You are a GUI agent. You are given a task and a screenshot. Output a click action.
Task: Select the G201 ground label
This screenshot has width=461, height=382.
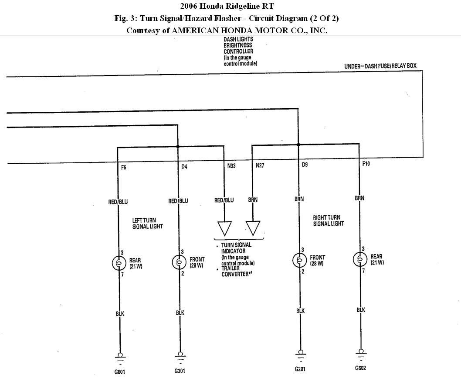(x=300, y=368)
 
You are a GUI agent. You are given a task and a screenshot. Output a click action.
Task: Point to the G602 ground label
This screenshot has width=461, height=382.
(x=360, y=368)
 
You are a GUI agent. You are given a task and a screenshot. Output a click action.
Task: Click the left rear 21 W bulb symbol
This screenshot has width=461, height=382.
(x=118, y=262)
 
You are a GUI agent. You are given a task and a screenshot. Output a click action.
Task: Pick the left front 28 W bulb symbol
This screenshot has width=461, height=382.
(x=179, y=262)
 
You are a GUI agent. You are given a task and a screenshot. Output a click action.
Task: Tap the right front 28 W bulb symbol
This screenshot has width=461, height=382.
(x=299, y=260)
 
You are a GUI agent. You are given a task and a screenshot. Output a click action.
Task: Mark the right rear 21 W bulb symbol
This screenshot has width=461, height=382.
(x=360, y=259)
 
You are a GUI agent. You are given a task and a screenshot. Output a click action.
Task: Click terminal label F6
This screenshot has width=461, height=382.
(x=124, y=168)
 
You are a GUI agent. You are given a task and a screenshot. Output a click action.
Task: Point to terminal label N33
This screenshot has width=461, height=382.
(x=231, y=166)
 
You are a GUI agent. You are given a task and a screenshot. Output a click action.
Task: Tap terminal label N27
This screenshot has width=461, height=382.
(x=260, y=165)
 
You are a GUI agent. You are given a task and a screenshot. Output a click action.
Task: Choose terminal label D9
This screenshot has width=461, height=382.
(x=305, y=165)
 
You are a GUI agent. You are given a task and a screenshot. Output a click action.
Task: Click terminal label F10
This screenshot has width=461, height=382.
(x=366, y=164)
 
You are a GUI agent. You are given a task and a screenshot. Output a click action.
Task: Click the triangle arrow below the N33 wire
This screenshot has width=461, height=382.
(x=225, y=228)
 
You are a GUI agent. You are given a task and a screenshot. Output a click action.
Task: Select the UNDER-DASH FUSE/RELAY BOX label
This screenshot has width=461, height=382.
(x=380, y=66)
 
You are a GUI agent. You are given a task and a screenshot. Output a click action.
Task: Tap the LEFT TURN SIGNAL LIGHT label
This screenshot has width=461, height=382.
(x=147, y=224)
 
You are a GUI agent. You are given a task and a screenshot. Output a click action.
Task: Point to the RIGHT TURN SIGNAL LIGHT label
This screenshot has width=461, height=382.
(x=328, y=220)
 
